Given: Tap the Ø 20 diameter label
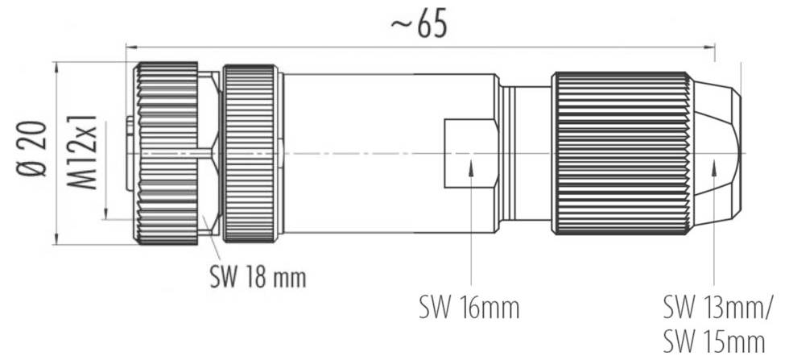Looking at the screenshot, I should pyautogui.click(x=32, y=151).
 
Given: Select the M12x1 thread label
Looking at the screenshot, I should pyautogui.click(x=83, y=151).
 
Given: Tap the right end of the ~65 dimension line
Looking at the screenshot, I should pyautogui.click(x=713, y=46).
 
